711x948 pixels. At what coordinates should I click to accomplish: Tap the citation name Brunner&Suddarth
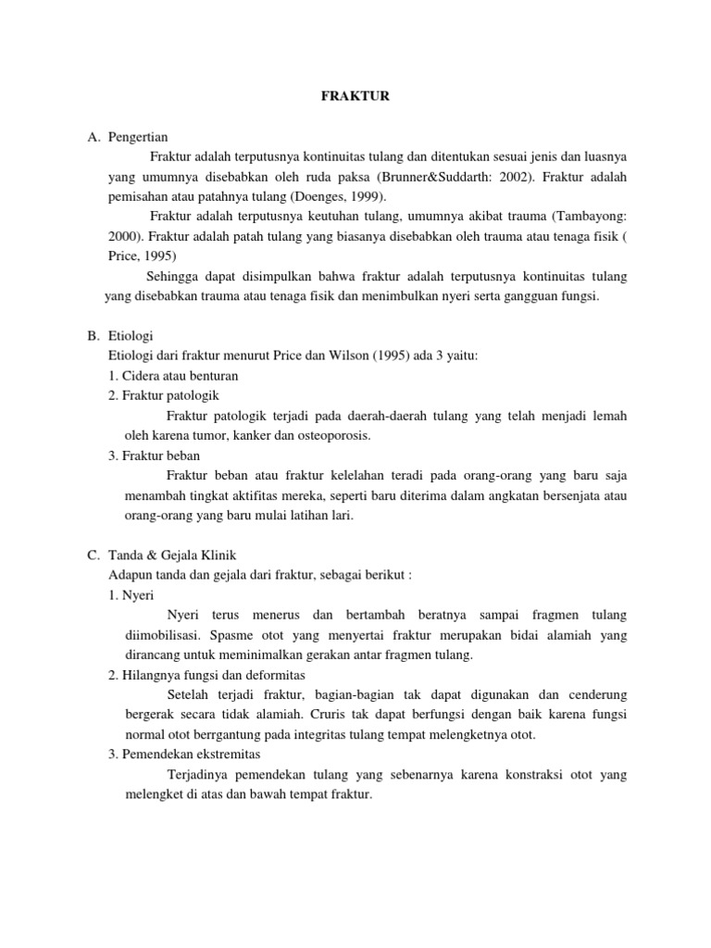coord(426,177)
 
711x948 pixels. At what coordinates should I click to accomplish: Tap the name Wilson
coord(343,355)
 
